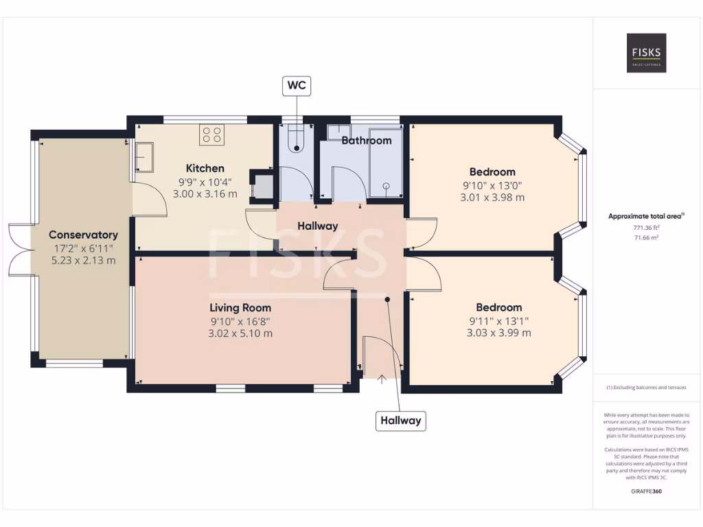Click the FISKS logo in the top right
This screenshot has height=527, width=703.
pyautogui.click(x=646, y=53)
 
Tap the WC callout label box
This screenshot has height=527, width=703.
pyautogui.click(x=297, y=86)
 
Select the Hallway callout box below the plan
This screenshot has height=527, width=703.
pyautogui.click(x=400, y=421)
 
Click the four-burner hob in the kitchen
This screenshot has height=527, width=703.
pyautogui.click(x=212, y=134)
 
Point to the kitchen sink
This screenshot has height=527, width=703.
pyautogui.click(x=144, y=156)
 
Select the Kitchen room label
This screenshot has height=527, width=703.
pyautogui.click(x=205, y=168)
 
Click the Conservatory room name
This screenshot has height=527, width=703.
pyautogui.click(x=83, y=235)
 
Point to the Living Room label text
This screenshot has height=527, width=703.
pyautogui.click(x=240, y=308)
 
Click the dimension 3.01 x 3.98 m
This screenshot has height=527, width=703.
pyautogui.click(x=492, y=198)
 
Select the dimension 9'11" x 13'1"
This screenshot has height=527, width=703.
pyautogui.click(x=499, y=320)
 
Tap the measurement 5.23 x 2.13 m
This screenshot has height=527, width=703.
pyautogui.click(x=83, y=260)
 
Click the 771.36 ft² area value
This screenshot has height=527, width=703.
pyautogui.click(x=646, y=227)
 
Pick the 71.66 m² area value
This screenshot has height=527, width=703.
pyautogui.click(x=646, y=237)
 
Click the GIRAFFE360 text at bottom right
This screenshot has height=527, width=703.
pyautogui.click(x=646, y=491)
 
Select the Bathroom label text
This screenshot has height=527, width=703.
pyautogui.click(x=366, y=141)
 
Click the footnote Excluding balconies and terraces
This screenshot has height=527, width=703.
pyautogui.click(x=646, y=388)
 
